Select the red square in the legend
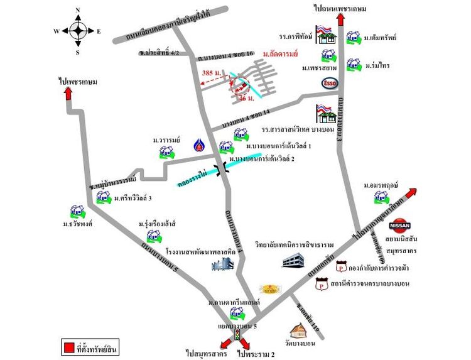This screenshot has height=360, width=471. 68,346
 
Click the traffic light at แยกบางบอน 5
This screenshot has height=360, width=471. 237,336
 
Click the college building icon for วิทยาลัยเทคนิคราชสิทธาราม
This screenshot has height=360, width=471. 295,259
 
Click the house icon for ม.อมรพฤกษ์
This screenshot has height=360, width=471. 379,197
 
